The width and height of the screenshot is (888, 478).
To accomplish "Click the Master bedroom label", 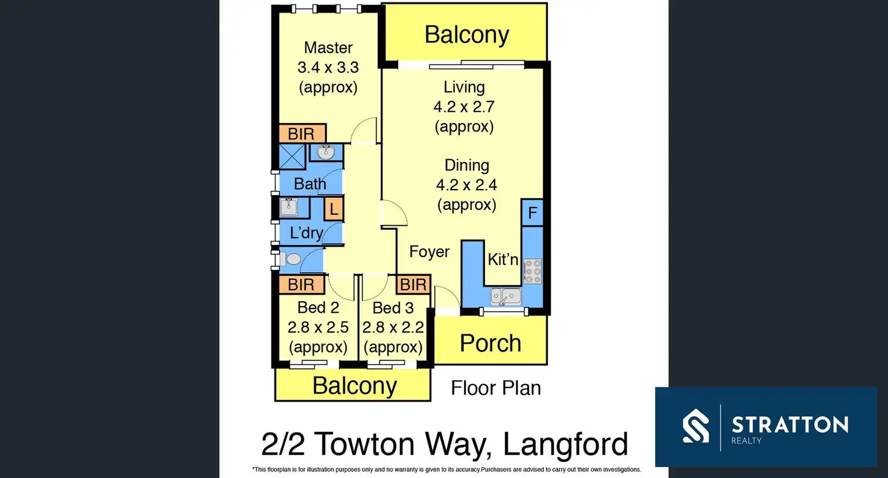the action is point(328,47).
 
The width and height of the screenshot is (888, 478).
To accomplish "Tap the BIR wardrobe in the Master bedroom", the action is point(302,133).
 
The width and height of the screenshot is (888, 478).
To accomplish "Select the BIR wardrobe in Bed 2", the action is point(301,284).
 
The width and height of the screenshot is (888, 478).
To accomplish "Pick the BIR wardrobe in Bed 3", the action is point(413,284).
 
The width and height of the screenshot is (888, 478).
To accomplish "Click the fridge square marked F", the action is point(532,212).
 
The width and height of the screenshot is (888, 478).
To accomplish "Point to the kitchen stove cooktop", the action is point(532,271).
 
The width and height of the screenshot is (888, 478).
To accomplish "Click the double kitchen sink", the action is point(506,296).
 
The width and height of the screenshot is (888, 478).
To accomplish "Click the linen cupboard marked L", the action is point(334,209).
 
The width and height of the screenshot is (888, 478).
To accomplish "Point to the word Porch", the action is point(490,343).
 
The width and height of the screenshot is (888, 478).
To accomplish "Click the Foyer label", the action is point(430,252).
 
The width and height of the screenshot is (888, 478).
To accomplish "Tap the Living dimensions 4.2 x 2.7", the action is point(464,107).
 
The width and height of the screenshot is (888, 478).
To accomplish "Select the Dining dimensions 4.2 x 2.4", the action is point(467,185).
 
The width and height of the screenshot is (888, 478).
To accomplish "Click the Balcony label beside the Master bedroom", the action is point(466,34).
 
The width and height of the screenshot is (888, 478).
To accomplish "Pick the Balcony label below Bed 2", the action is point(355,386).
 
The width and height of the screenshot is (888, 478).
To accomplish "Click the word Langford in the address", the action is point(565,445).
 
